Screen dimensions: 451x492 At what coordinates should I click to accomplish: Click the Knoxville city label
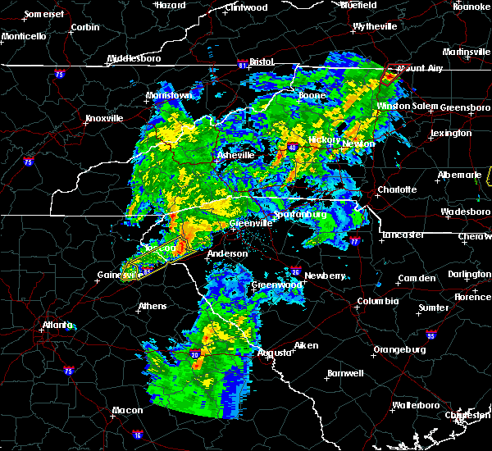click(104, 118)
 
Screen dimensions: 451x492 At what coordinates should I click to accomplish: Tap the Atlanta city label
click(59, 325)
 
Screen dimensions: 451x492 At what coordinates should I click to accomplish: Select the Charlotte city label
click(397, 189)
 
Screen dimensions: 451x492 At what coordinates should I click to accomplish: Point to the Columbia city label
click(378, 301)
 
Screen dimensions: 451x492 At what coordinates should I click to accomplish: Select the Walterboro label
click(416, 405)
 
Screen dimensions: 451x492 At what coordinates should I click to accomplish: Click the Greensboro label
click(466, 107)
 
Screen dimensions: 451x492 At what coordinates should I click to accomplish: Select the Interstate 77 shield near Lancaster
click(355, 242)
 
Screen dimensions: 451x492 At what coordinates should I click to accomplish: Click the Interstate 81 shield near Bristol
click(243, 62)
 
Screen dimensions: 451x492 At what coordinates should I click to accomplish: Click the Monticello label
click(23, 37)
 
